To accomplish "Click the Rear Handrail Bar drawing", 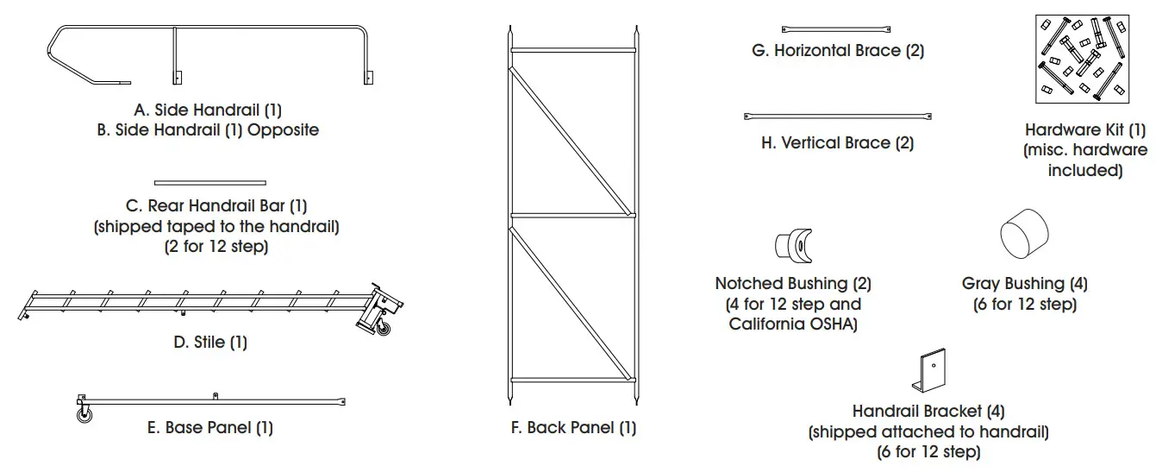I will click(209, 182).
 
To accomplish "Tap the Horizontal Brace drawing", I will click(836, 28).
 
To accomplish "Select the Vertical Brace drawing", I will click(837, 116).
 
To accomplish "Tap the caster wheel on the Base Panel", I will click(85, 416).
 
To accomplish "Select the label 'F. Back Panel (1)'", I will click(572, 427).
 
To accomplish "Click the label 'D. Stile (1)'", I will click(209, 343).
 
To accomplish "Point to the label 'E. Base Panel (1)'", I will click(209, 427).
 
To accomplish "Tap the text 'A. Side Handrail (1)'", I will click(208, 110).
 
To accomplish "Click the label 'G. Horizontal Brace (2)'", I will click(837, 51).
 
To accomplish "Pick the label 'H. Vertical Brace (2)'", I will click(837, 143).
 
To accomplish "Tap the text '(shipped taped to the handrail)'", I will click(216, 226).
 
